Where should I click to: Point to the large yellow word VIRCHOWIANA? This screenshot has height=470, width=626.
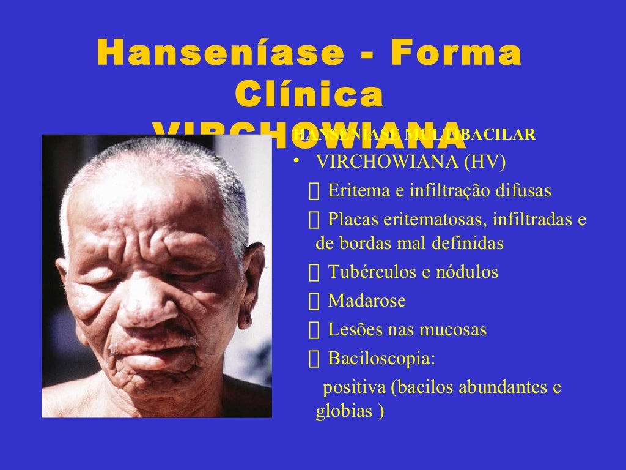tap(309, 136)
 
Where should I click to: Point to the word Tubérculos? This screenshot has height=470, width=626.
tap(370, 272)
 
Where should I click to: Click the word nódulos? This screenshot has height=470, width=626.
tap(466, 272)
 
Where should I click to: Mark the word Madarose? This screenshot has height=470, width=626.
tap(367, 301)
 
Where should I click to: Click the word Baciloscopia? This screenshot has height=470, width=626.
tap(381, 358)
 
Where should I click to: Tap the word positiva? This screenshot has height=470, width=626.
tap(354, 388)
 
